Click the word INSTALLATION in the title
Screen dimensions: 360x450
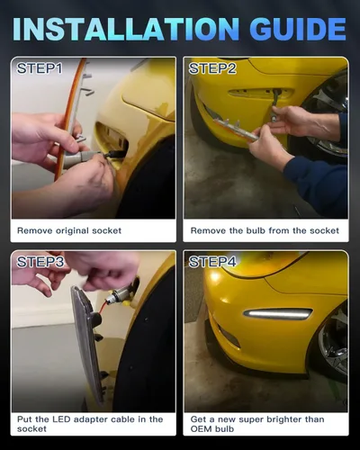point(126,29)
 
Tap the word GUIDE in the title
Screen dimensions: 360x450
point(298,29)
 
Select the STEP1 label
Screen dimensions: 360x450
point(40,68)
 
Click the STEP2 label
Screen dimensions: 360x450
point(212,68)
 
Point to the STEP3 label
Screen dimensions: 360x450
point(40,262)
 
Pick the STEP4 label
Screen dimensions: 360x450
point(212,262)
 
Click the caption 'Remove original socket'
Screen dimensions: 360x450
point(69,230)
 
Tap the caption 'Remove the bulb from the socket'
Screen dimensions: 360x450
point(265,230)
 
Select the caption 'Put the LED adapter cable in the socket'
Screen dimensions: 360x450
point(90,424)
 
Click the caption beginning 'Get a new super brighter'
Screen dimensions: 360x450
point(257,424)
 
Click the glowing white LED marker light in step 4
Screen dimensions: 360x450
point(278,314)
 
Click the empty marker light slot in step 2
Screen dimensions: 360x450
point(259,93)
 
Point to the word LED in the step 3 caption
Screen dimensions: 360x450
point(62,419)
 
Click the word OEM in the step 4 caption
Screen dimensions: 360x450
point(201,429)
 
